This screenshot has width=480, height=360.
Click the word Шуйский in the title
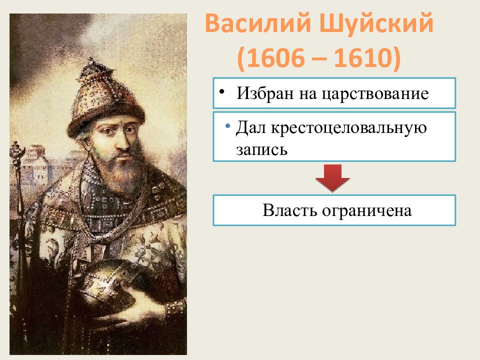tap(376, 23)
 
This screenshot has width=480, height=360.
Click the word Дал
tap(250, 127)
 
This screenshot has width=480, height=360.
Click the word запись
tap(261, 149)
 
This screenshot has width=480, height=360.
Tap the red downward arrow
tap(332, 178)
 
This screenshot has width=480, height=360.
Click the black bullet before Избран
tap(222, 91)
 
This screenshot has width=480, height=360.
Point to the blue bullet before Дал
tap(227, 125)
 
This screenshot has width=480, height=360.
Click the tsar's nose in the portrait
tap(123, 141)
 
